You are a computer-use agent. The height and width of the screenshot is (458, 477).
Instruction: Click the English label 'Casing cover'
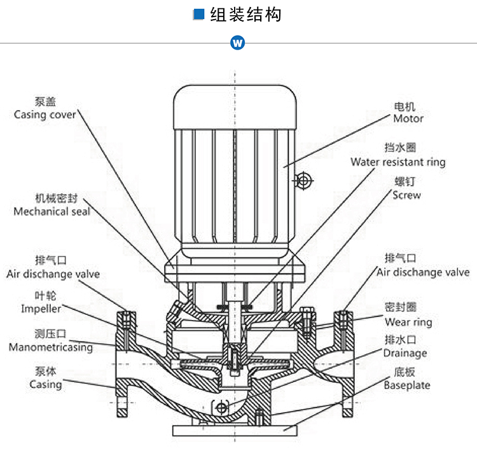(x=45, y=115)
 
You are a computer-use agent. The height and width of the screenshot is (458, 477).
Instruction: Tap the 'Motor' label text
(x=408, y=118)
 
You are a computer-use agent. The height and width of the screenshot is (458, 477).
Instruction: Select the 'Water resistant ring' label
(x=397, y=162)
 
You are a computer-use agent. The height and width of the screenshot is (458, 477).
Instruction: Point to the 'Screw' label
(x=406, y=195)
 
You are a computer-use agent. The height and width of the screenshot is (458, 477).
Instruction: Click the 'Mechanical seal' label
(x=52, y=211)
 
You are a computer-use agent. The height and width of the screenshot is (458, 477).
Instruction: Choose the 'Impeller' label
(x=41, y=309)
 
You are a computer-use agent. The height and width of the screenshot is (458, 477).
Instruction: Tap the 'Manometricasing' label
(x=50, y=347)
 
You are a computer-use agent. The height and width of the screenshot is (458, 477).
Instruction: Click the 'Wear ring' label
(x=408, y=322)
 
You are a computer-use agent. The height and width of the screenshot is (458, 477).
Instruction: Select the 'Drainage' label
(x=404, y=352)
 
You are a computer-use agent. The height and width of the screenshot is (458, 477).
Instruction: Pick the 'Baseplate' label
(x=406, y=385)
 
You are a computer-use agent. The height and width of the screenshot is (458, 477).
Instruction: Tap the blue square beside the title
(x=199, y=15)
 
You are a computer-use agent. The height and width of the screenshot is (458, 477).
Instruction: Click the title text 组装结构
(x=245, y=15)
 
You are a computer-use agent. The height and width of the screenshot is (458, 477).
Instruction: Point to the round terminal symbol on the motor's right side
(x=304, y=181)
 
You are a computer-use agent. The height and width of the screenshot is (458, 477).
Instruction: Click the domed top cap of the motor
(x=235, y=102)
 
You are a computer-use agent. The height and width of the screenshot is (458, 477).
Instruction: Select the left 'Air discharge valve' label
(x=53, y=274)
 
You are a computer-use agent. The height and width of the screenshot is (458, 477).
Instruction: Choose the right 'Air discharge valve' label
(x=423, y=272)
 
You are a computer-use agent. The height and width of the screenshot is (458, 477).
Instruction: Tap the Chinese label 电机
(x=404, y=106)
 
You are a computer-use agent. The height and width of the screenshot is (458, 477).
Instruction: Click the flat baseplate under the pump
(x=235, y=429)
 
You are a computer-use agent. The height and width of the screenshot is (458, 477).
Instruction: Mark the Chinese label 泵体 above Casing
(x=45, y=371)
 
